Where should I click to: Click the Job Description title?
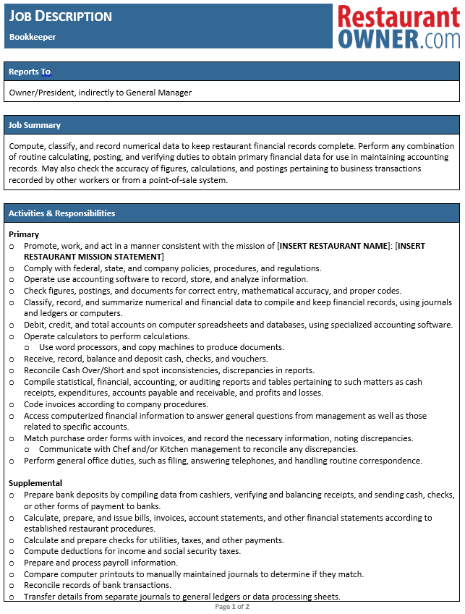pyautogui.click(x=61, y=16)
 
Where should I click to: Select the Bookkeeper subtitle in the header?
pyautogui.click(x=33, y=36)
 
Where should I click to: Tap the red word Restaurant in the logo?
pyautogui.click(x=398, y=16)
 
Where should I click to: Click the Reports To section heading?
pyautogui.click(x=30, y=72)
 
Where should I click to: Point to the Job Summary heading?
pyautogui.click(x=35, y=125)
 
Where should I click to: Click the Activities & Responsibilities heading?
pyautogui.click(x=61, y=213)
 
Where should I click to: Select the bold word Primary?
pyautogui.click(x=25, y=234)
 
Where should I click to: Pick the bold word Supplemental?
pyautogui.click(x=35, y=483)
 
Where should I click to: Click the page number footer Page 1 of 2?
pyautogui.click(x=232, y=607)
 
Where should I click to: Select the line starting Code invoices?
pyautogui.click(x=116, y=404)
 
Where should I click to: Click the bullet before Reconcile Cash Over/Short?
pyautogui.click(x=12, y=370)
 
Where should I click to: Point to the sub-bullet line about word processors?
pyautogui.click(x=161, y=347)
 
